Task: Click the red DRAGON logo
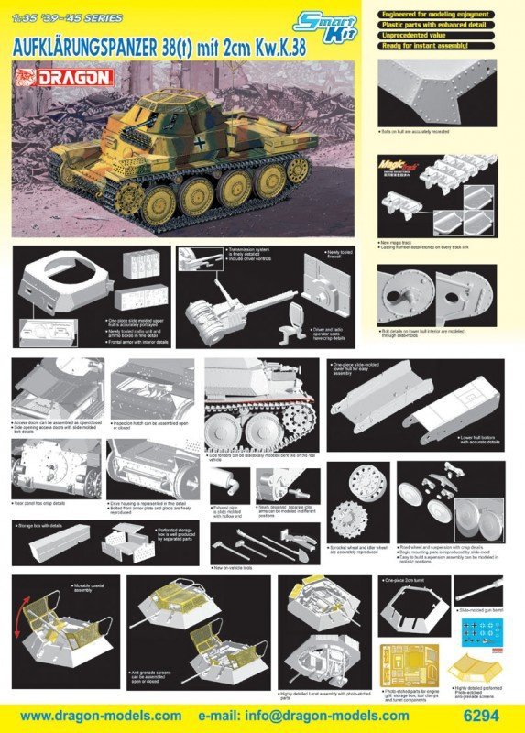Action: point(77,79)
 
